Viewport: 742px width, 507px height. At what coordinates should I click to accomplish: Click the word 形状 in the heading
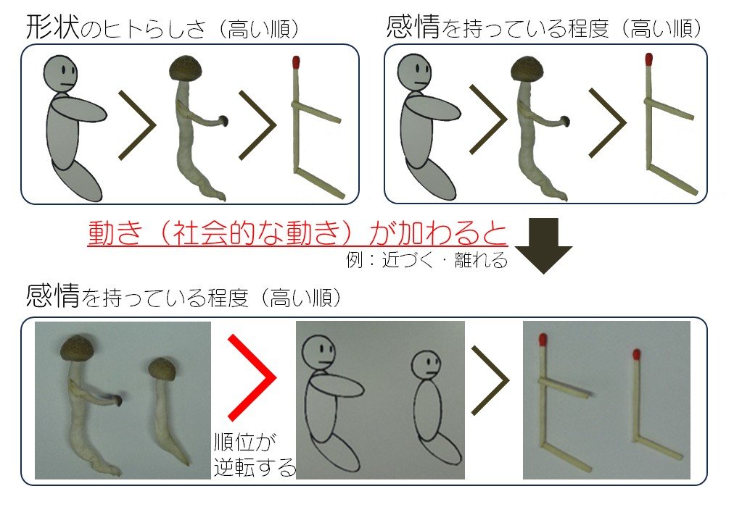pos(49,28)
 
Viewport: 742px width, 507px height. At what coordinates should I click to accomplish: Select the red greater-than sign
pos(250,377)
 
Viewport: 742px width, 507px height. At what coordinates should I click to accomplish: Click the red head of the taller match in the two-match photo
pos(542,340)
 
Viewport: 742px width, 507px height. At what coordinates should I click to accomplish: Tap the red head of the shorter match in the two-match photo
pos(636,355)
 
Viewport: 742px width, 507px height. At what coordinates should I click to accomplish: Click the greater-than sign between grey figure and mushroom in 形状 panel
pos(138,125)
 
